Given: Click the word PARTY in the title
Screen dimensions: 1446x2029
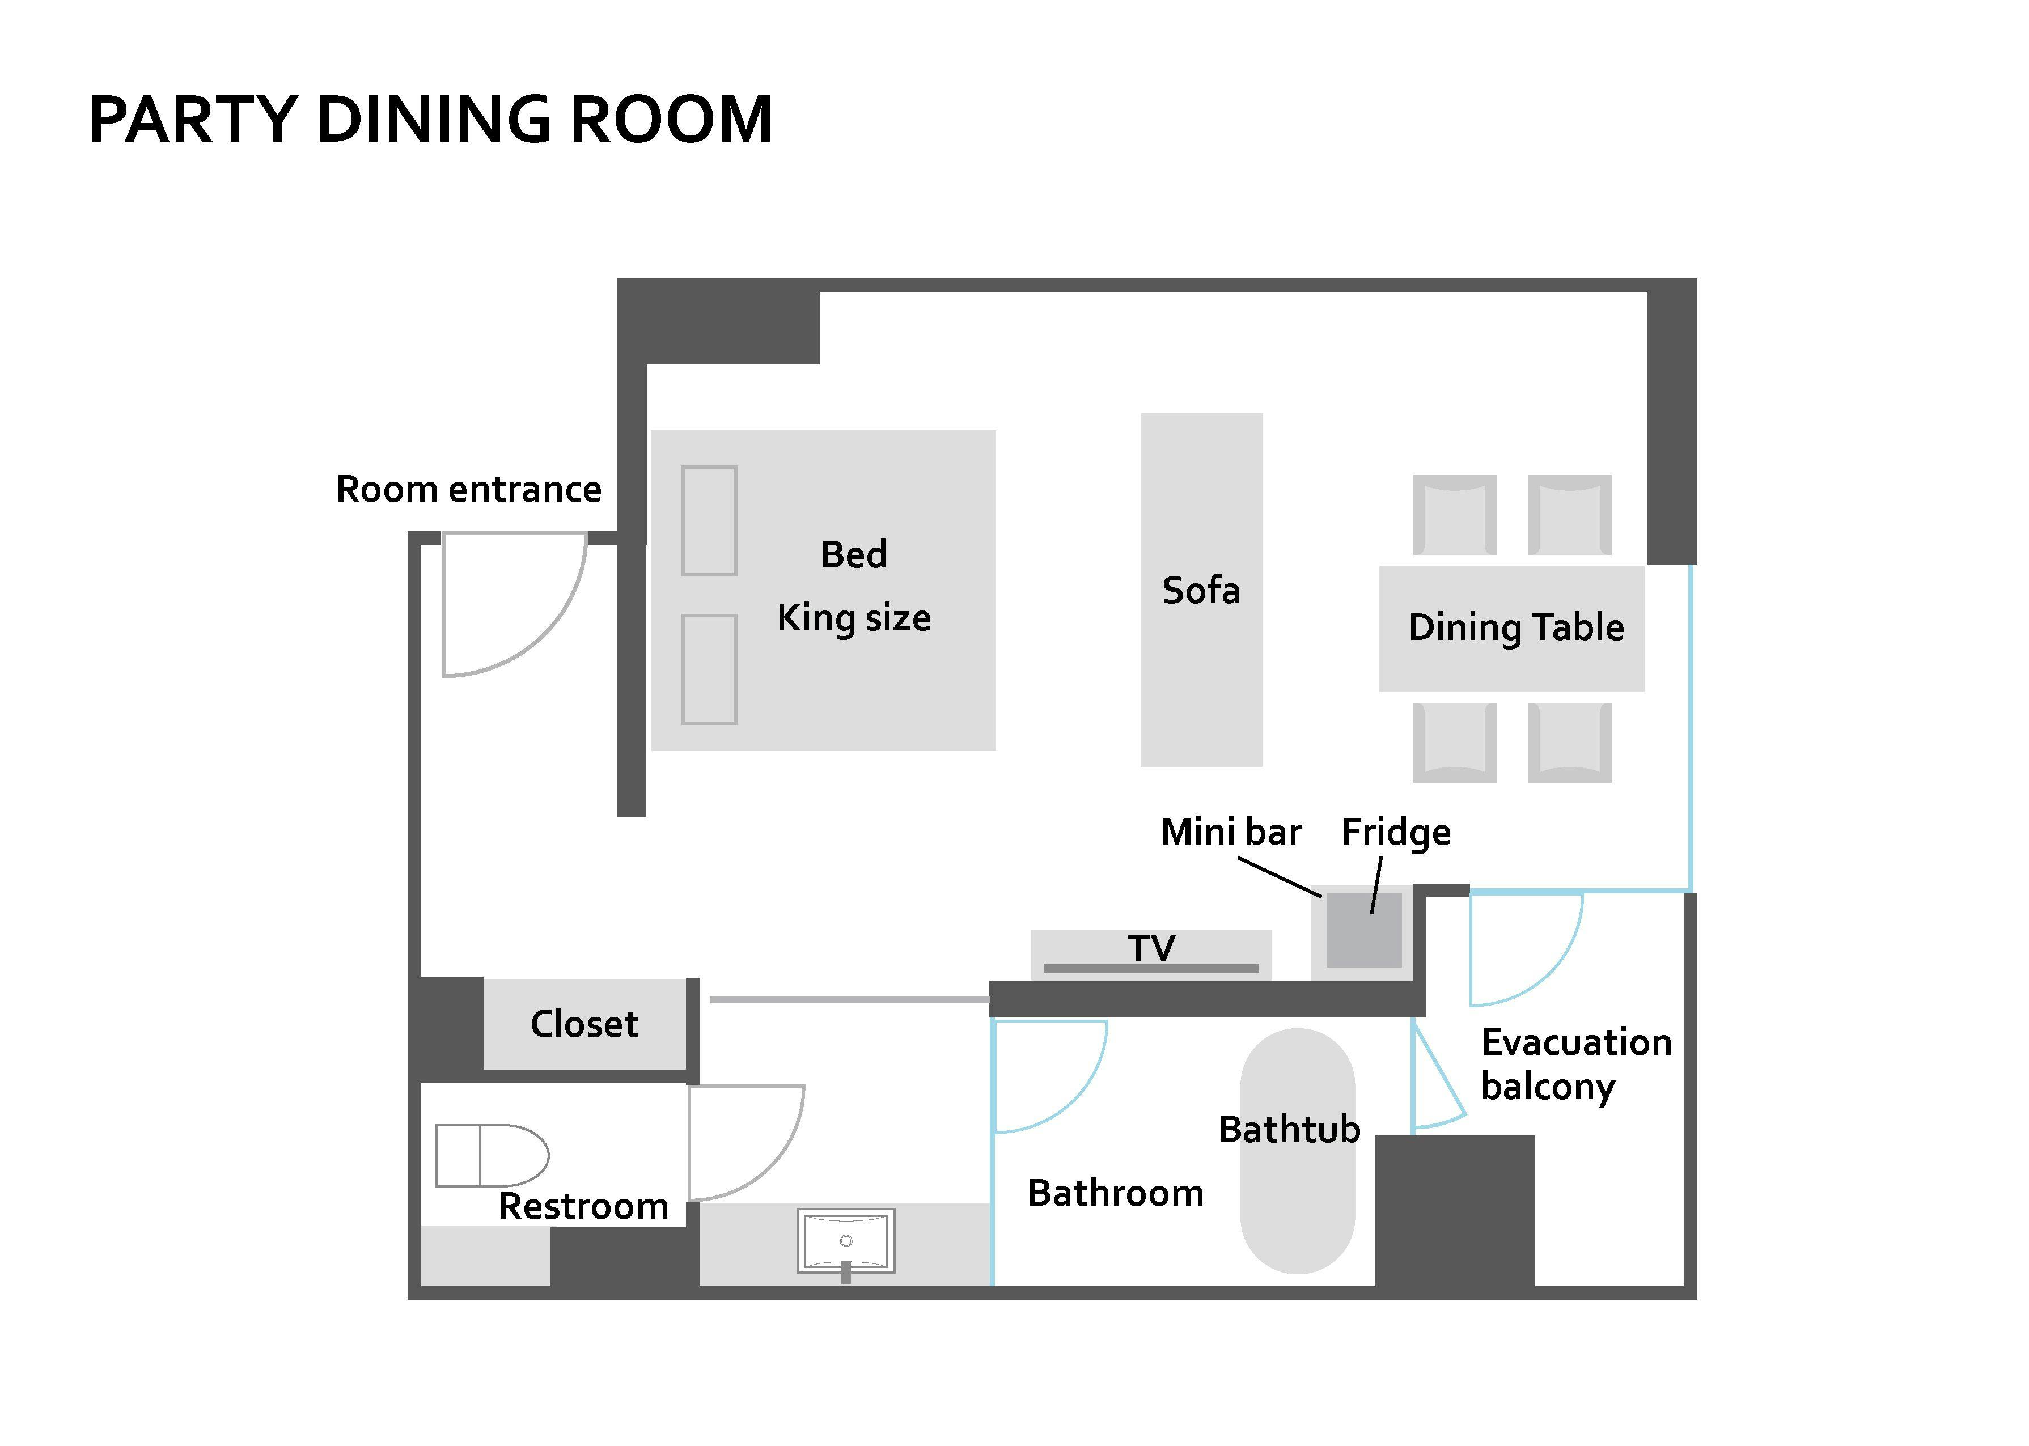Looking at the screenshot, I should click(x=192, y=120).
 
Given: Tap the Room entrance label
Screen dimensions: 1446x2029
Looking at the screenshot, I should click(x=468, y=490).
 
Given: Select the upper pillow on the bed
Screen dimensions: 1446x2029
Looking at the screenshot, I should click(x=709, y=521).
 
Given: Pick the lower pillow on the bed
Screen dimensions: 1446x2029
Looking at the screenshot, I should click(x=709, y=669).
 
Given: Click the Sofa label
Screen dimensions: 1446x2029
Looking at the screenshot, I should click(x=1200, y=590).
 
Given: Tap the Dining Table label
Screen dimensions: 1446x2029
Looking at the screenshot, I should click(x=1515, y=627).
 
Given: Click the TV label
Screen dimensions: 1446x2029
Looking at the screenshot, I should click(x=1151, y=947).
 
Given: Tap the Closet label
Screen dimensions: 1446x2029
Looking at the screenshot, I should click(x=584, y=1024).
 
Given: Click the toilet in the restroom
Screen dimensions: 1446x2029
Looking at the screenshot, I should click(x=492, y=1155).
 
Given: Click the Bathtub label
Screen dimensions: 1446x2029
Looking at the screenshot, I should click(x=1288, y=1130).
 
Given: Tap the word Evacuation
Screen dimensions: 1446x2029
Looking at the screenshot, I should click(x=1576, y=1042).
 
